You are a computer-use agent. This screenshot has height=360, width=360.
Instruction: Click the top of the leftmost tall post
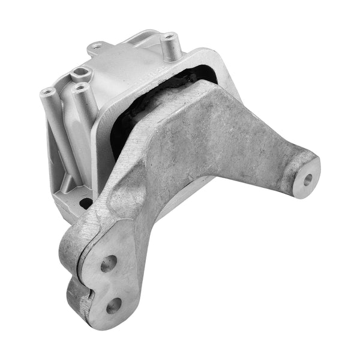pos(47,92)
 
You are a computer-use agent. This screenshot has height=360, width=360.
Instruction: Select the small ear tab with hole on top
pos(96,45)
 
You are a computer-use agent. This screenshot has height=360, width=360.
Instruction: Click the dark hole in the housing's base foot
pos(85,203)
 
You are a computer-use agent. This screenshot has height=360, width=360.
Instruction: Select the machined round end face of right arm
pos(305,178)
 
